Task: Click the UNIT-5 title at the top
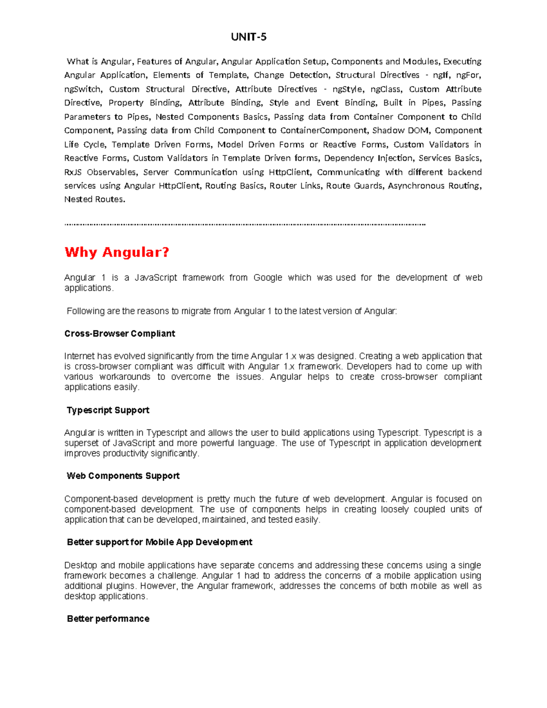coord(248,37)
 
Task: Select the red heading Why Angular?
coord(117,252)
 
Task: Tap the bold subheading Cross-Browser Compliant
coord(119,334)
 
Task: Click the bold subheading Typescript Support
coord(108,410)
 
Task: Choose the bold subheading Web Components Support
coord(123,476)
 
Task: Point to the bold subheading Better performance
coord(108,619)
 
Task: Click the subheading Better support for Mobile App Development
coord(159,542)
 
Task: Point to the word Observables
coord(112,172)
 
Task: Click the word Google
coord(268,278)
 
